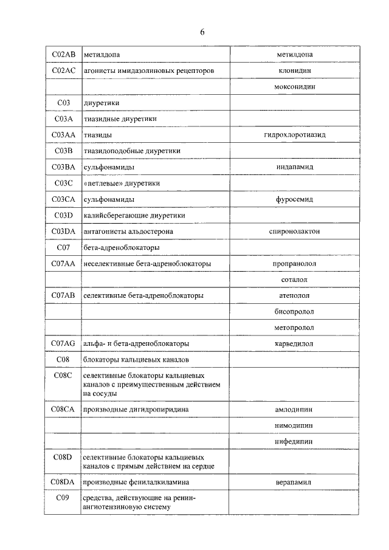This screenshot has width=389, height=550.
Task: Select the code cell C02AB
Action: pyautogui.click(x=63, y=55)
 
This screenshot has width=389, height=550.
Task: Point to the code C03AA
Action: pyautogui.click(x=63, y=134)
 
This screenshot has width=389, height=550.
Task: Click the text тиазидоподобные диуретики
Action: pyautogui.click(x=132, y=150)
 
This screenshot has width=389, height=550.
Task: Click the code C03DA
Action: pyautogui.click(x=63, y=231)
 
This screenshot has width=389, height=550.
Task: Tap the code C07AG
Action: pyautogui.click(x=63, y=343)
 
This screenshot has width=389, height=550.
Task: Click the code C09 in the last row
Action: pyautogui.click(x=63, y=498)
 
